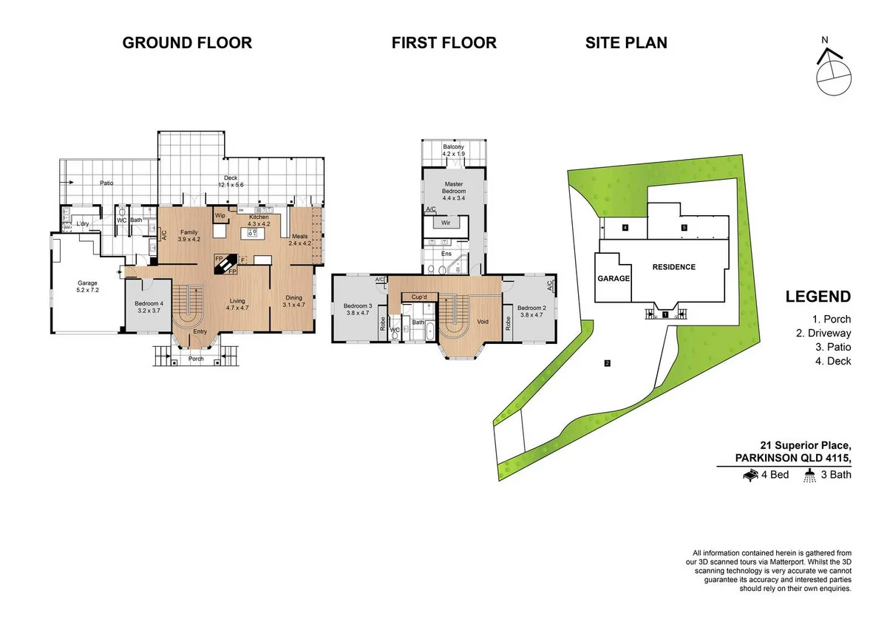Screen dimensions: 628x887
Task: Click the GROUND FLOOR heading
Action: click(x=187, y=43)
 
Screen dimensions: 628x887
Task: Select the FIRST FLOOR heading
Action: click(x=443, y=43)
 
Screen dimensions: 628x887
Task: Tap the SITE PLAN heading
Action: click(x=626, y=43)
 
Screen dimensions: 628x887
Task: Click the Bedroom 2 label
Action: click(x=531, y=311)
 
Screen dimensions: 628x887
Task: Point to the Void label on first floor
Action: click(x=483, y=322)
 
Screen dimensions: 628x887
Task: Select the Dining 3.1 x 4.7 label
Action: click(x=293, y=301)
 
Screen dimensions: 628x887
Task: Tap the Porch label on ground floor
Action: click(x=196, y=359)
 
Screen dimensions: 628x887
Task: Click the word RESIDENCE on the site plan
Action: click(x=673, y=267)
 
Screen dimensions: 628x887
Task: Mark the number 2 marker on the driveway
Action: click(x=607, y=363)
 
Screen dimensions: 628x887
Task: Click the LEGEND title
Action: click(x=818, y=297)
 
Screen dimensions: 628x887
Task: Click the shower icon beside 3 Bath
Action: click(x=810, y=476)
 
